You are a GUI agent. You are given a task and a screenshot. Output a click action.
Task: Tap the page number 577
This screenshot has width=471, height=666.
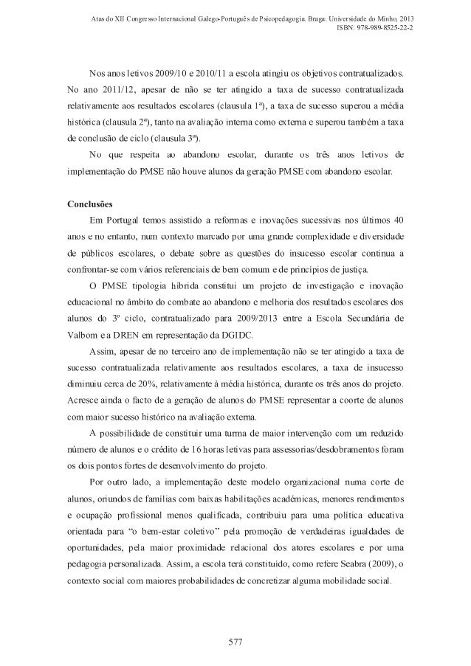point(235,639)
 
